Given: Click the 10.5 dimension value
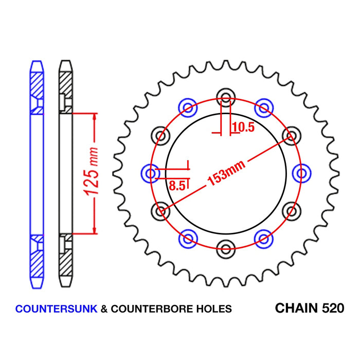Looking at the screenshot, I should pyautogui.click(x=243, y=128).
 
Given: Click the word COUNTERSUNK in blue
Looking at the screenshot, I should pyautogui.click(x=55, y=309).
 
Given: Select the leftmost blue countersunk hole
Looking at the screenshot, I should pyautogui.click(x=150, y=173).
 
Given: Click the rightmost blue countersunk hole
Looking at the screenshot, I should pyautogui.click(x=301, y=173).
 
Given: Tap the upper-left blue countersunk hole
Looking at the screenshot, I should pyautogui.click(x=187, y=107).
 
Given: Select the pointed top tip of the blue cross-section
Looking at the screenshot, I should pyautogui.click(x=37, y=62).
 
